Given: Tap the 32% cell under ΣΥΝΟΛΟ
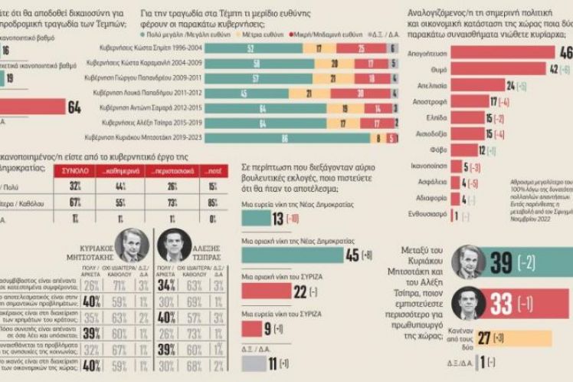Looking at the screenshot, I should pyautogui.click(x=75, y=186).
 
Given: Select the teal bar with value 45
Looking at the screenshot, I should pyautogui.click(x=292, y=255).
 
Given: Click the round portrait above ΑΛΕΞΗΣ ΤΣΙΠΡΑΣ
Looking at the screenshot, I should pyautogui.click(x=174, y=245).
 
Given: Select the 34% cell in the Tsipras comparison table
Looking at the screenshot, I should pyautogui.click(x=166, y=285).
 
